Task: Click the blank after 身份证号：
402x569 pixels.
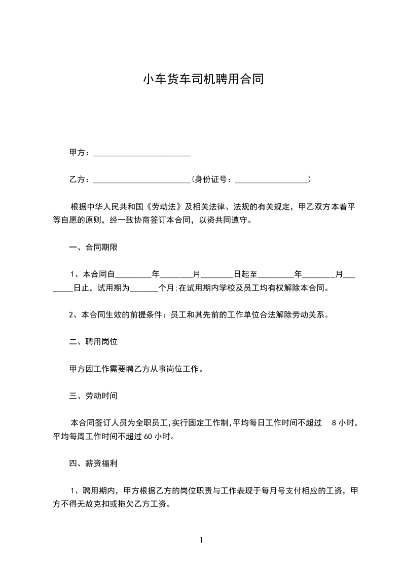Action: click(272, 180)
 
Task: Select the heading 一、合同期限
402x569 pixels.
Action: click(94, 247)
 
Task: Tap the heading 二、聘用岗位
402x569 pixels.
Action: click(94, 342)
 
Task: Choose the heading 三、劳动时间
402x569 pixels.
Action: click(94, 396)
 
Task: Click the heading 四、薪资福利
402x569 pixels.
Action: click(94, 463)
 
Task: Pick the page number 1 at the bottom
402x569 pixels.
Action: click(201, 541)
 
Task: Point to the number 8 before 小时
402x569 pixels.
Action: click(334, 422)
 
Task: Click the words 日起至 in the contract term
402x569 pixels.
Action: click(245, 274)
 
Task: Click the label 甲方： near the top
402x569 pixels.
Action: click(80, 153)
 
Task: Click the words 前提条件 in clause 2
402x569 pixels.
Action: click(144, 315)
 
